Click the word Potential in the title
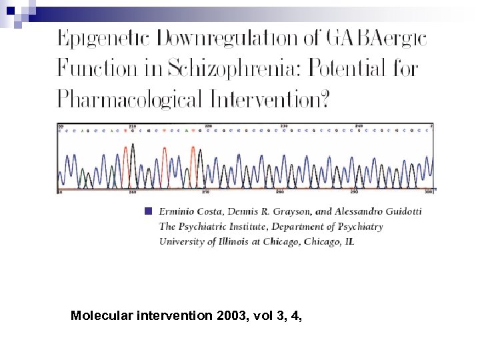(354, 69)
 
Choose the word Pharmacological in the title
(129, 99)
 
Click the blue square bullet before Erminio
(148, 211)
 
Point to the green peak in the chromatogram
(83, 177)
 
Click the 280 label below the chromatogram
(281, 193)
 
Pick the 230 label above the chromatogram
(285, 125)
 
